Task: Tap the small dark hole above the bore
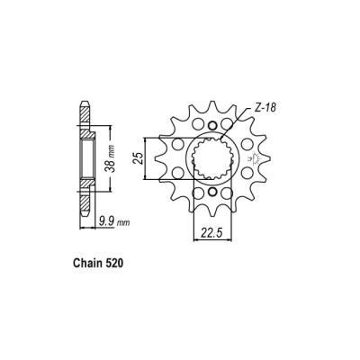pyautogui.click(x=212, y=126)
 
